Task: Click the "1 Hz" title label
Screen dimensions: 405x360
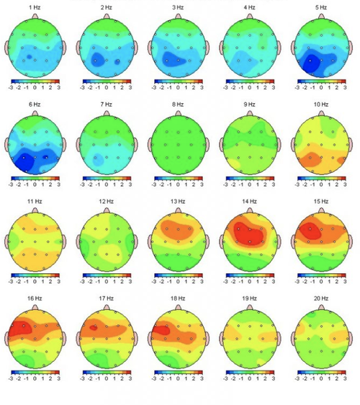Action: click(34, 6)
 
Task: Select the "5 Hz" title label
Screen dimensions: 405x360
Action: click(322, 6)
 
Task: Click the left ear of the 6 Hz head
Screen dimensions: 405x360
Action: click(7, 144)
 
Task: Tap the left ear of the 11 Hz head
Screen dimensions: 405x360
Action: click(7, 240)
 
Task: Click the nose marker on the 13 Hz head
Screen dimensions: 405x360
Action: click(178, 210)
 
